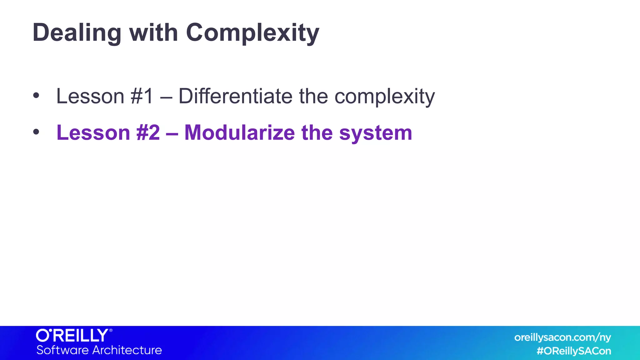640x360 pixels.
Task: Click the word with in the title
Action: (x=153, y=33)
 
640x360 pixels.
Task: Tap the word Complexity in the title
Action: (x=252, y=33)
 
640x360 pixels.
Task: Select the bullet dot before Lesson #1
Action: (x=36, y=96)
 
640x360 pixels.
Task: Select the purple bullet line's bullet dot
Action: (x=36, y=132)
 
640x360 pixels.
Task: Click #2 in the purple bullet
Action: (x=148, y=133)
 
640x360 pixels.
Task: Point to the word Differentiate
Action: (x=235, y=96)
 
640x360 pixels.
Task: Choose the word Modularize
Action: (x=239, y=133)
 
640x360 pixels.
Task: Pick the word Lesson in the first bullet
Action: (x=90, y=96)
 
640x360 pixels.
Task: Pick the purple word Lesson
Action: (x=93, y=133)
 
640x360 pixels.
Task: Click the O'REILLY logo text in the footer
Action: (x=72, y=336)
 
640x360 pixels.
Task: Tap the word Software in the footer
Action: (x=62, y=350)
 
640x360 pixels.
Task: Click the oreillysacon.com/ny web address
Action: (x=562, y=337)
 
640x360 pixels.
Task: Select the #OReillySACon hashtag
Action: (x=574, y=351)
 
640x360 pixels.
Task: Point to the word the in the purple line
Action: (x=317, y=133)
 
